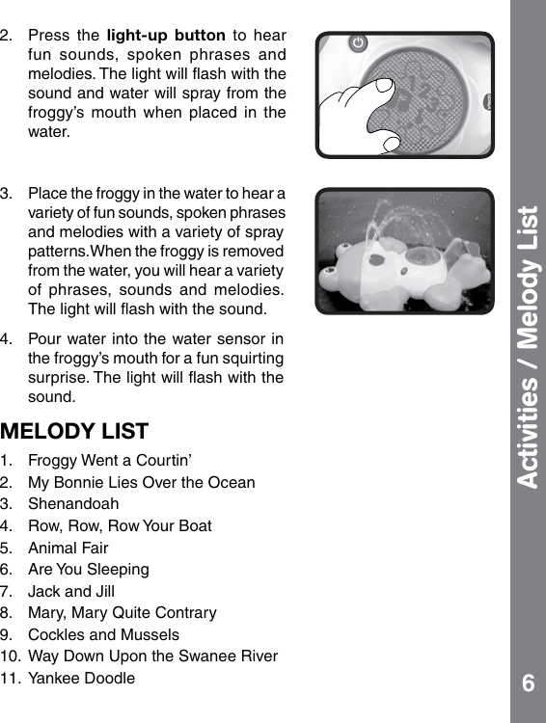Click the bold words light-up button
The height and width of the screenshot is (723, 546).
pyautogui.click(x=153, y=37)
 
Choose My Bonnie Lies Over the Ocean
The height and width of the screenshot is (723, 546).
pyautogui.click(x=142, y=482)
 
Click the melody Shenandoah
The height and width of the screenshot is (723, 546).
pyautogui.click(x=73, y=504)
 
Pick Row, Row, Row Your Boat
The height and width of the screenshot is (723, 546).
pyautogui.click(x=120, y=525)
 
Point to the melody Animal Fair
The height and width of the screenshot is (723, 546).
pyautogui.click(x=68, y=548)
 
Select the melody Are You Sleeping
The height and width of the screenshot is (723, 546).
pyautogui.click(x=89, y=570)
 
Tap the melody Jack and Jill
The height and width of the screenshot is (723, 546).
pyautogui.click(x=71, y=591)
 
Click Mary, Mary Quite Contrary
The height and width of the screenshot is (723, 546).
pyautogui.click(x=123, y=613)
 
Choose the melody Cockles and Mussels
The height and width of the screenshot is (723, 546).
pyautogui.click(x=104, y=635)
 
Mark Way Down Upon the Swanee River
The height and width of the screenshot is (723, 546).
pyautogui.click(x=153, y=656)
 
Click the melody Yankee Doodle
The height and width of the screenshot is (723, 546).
pyautogui.click(x=82, y=679)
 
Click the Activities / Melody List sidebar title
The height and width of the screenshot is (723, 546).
pyautogui.click(x=527, y=347)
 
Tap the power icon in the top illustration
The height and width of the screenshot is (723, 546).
pyautogui.click(x=359, y=43)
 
